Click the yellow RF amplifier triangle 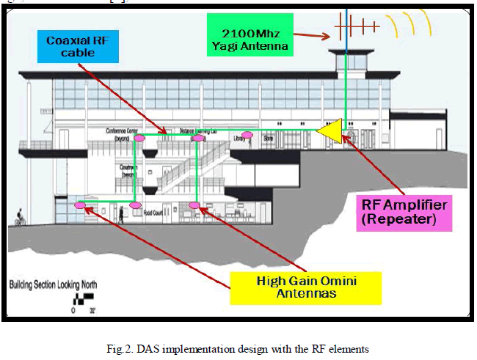pos(332,130)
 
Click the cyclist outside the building pos(20,217)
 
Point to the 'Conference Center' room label pos(122,131)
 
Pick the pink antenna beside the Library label pos(247,134)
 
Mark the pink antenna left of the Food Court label pos(135,205)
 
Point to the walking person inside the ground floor pos(120,214)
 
